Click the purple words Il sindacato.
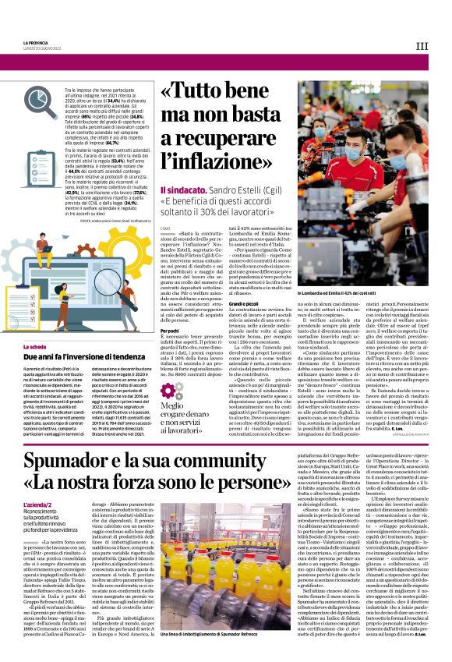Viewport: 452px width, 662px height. pyautogui.click(x=182, y=190)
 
